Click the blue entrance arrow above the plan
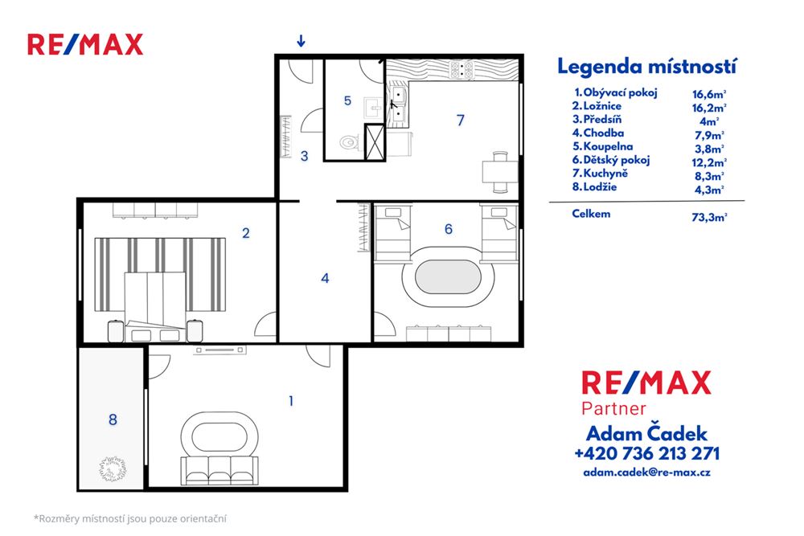point(301,41)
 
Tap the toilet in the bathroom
point(348,142)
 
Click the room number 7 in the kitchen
point(460,121)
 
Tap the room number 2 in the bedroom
point(245,233)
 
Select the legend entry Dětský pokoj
point(611,160)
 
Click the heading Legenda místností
point(647,66)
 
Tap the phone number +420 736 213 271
point(646,453)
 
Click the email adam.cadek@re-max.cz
point(646,473)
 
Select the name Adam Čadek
point(646,432)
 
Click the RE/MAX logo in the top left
point(85,44)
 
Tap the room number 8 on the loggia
point(113,419)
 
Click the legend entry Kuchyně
point(605,174)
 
